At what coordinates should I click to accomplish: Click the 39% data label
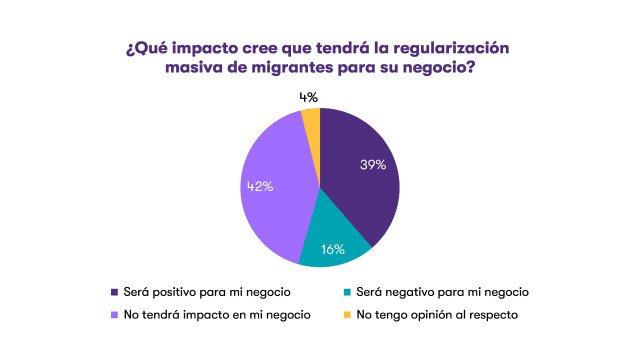click(x=373, y=165)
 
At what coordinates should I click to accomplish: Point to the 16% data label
click(x=332, y=249)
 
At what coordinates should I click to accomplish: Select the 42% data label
click(x=256, y=185)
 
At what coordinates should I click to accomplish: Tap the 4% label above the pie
click(x=309, y=97)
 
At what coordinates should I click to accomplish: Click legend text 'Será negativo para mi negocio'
click(x=442, y=292)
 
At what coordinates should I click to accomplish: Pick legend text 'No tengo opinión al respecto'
click(x=437, y=315)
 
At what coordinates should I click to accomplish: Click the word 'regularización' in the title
click(x=447, y=48)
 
